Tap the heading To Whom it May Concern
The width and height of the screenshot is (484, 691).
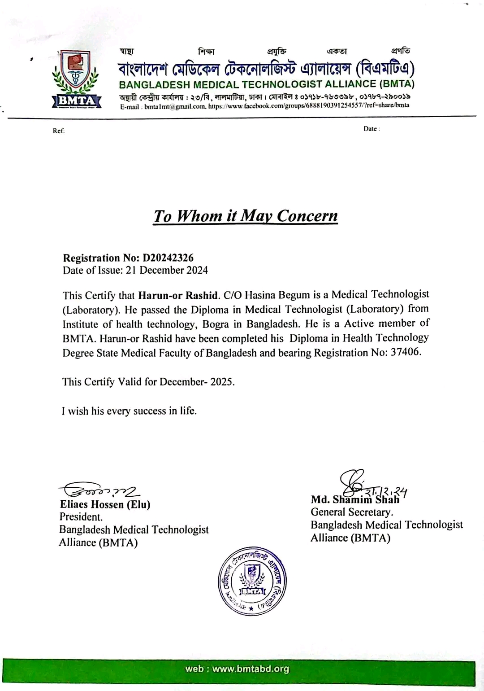point(245,216)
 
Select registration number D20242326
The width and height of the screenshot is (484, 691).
point(168,258)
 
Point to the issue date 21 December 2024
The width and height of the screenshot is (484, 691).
point(173,270)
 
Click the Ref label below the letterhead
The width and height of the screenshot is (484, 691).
point(59,131)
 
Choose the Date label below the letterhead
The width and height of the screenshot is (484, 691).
point(372,129)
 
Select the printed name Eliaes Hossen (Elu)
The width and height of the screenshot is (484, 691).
point(105,504)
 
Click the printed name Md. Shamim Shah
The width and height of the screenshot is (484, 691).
point(355,499)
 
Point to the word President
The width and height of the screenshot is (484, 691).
point(81,517)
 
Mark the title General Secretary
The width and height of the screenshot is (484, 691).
point(352,512)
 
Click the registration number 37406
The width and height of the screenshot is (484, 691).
point(406,352)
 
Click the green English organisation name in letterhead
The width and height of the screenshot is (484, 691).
point(267,84)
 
